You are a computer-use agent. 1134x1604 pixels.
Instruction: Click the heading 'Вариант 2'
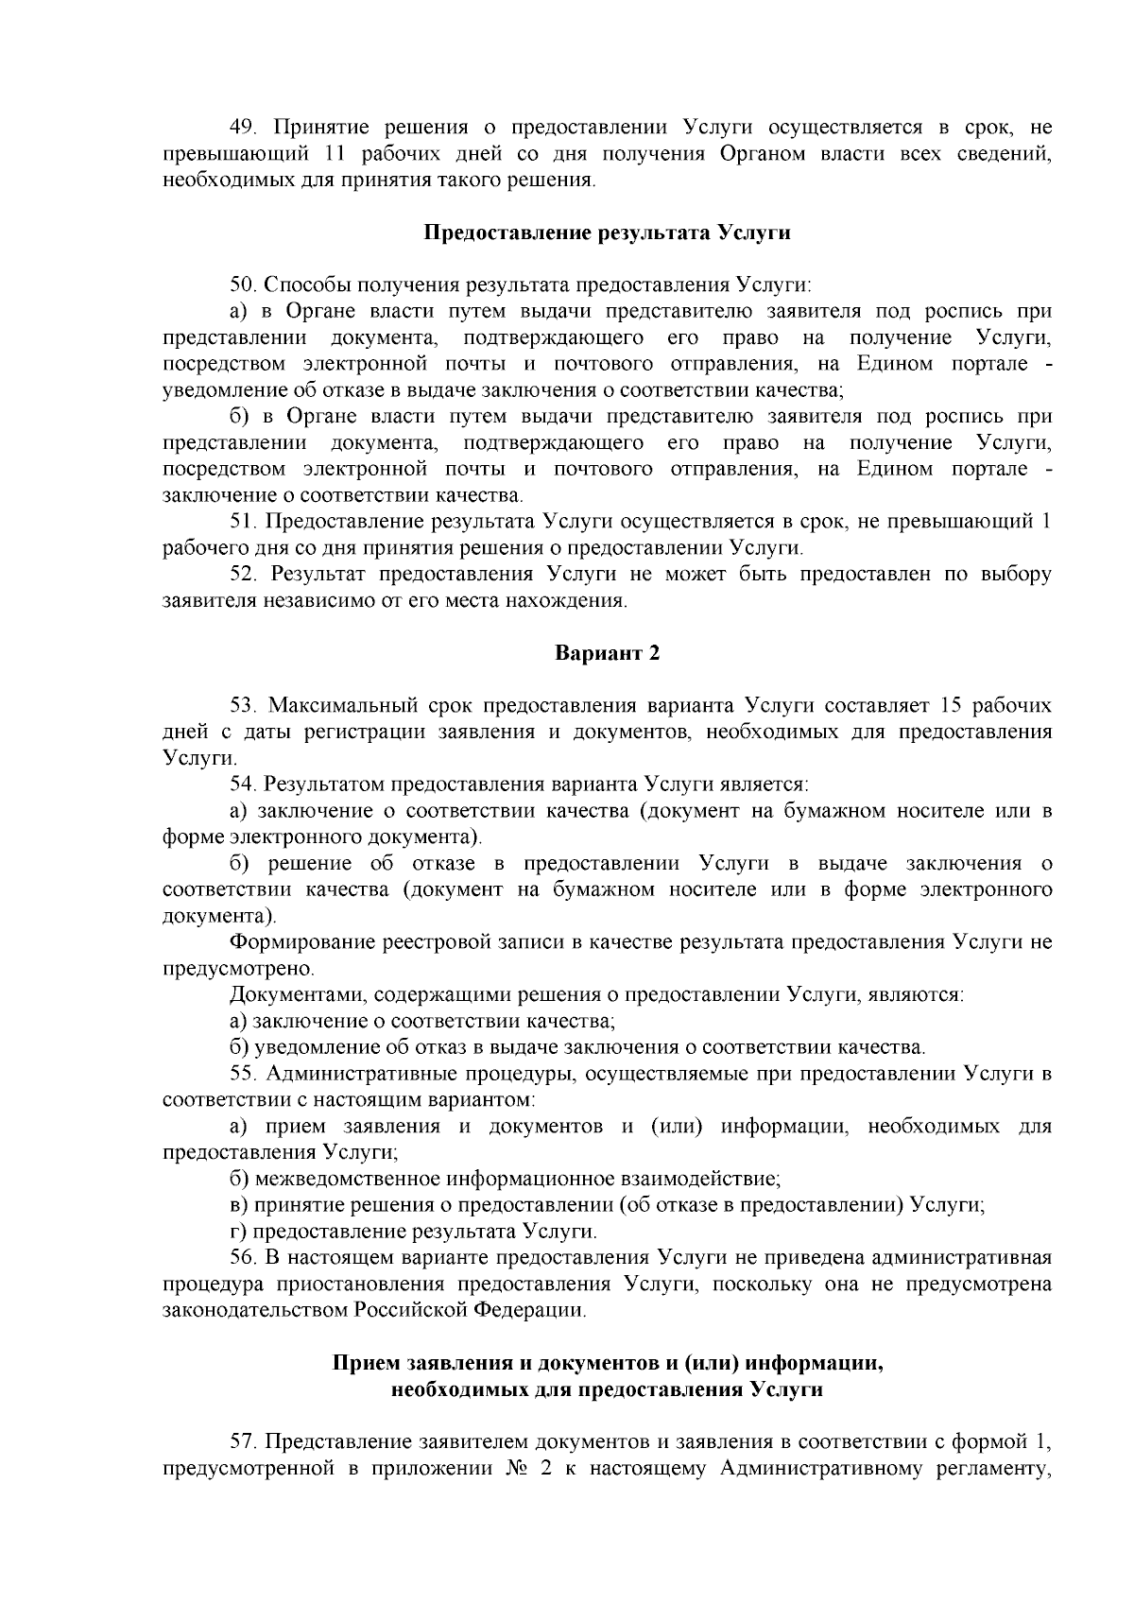click(606, 653)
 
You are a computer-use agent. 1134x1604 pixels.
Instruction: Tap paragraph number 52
click(245, 574)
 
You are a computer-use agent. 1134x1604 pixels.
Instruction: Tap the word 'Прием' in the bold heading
click(366, 1363)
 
